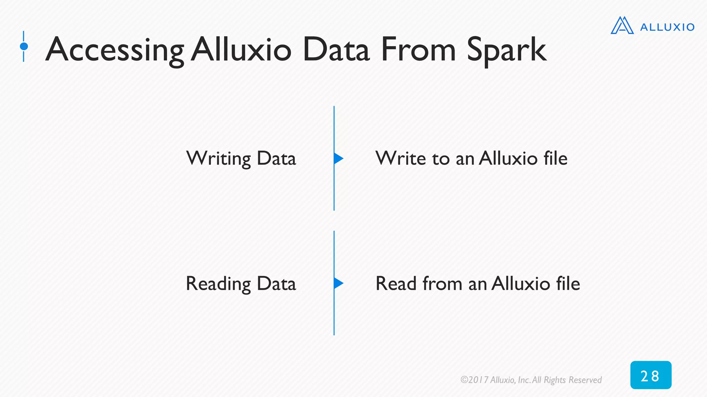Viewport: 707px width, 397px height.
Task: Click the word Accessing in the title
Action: tap(115, 51)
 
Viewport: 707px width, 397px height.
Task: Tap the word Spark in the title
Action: tap(506, 51)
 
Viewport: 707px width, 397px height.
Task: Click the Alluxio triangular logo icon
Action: tap(622, 26)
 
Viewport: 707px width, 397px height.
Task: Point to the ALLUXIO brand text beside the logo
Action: tap(667, 27)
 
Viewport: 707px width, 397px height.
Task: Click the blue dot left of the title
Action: tap(24, 46)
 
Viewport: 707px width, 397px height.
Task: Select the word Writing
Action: tap(218, 159)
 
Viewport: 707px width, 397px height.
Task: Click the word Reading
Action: tap(218, 284)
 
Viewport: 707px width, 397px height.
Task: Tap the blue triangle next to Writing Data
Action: tap(338, 159)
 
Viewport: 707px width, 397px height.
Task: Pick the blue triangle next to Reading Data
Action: tap(338, 283)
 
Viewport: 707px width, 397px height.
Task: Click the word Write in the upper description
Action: tap(400, 159)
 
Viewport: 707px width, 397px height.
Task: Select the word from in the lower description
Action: tap(442, 284)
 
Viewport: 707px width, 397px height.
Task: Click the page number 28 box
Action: tap(650, 375)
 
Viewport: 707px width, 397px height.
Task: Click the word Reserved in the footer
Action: tap(585, 380)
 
